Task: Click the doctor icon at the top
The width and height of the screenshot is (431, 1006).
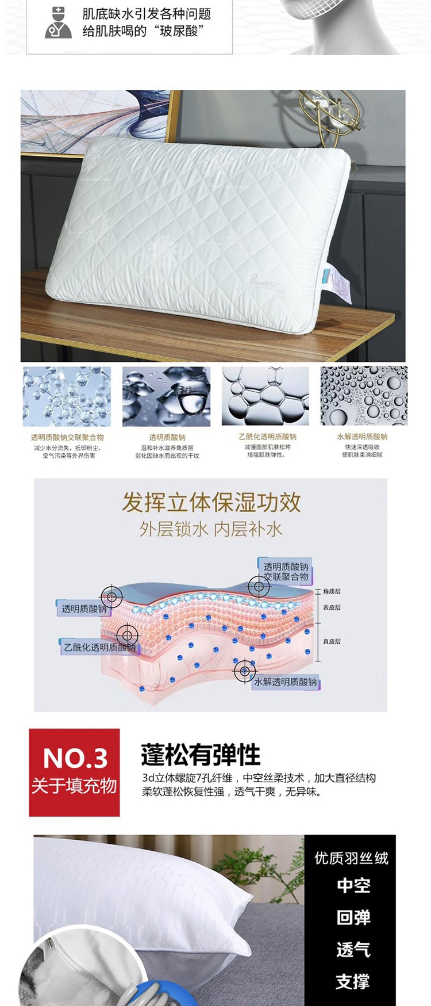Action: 58,22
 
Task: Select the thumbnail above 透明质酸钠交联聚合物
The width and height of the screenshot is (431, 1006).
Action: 67,396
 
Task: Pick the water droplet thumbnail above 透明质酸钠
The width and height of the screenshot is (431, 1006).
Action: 167,396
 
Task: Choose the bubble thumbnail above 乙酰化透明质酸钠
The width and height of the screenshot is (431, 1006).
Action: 265,396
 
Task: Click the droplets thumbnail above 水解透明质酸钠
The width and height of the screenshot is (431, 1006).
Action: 364,396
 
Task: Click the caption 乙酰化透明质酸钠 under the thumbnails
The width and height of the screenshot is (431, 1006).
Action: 267,437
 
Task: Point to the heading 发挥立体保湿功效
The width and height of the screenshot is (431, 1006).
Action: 211,502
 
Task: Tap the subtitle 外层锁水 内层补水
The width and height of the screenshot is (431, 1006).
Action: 211,529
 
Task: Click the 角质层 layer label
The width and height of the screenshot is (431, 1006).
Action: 332,591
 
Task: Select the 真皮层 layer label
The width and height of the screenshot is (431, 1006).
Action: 332,641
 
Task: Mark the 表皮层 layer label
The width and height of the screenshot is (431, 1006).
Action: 332,607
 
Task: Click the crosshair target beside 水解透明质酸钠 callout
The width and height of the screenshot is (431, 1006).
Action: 245,671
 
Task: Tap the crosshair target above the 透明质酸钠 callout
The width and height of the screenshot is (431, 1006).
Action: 111,597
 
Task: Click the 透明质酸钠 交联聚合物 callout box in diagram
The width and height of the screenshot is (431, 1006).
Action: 286,571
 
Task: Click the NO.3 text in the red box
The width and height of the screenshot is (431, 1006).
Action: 75,759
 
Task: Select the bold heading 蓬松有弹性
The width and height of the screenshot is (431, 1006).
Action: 201,755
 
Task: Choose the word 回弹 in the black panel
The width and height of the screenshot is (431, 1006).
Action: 353,917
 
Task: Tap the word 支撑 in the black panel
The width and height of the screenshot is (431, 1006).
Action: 353,981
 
